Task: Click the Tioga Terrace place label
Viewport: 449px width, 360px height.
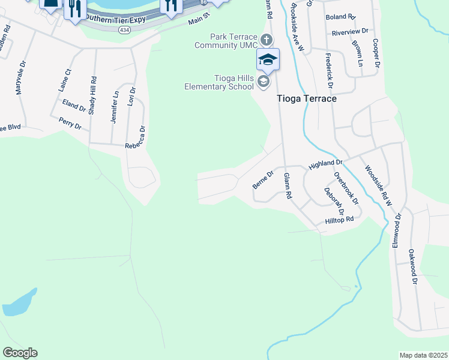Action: (306, 98)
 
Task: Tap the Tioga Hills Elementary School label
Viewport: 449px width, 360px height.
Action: (218, 82)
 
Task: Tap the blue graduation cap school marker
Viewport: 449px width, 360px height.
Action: (268, 59)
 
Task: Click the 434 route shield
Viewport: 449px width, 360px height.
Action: (124, 30)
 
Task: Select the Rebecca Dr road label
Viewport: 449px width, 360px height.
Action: (136, 137)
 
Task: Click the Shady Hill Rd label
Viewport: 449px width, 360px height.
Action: (93, 95)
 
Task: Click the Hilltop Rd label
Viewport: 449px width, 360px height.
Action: (339, 220)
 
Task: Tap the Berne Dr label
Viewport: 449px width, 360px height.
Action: (263, 179)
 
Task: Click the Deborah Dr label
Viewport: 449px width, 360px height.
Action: (334, 201)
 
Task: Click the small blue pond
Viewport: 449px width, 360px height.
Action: (19, 302)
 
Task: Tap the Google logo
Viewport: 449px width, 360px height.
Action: (20, 353)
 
